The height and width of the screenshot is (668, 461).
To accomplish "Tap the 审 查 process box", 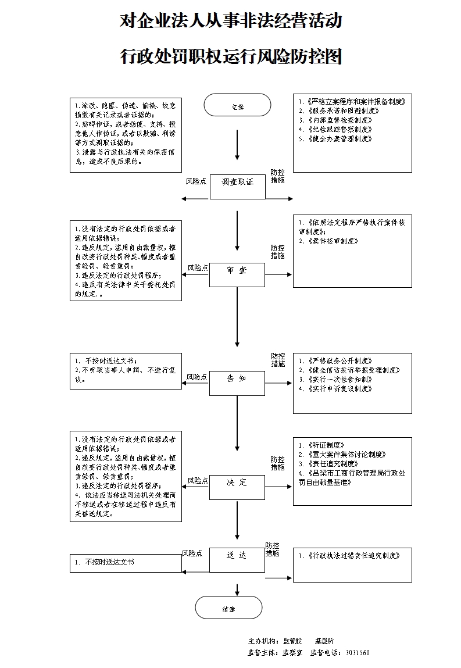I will point(237,274).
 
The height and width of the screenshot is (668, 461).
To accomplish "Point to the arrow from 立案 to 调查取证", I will point(237,145).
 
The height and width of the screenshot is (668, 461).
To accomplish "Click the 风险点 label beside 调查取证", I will point(196,182).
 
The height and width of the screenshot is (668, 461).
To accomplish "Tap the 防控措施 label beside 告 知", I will point(278,360).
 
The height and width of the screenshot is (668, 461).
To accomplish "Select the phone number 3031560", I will point(357,653).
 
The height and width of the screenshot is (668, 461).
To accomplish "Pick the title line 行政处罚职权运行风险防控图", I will point(230,56).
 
